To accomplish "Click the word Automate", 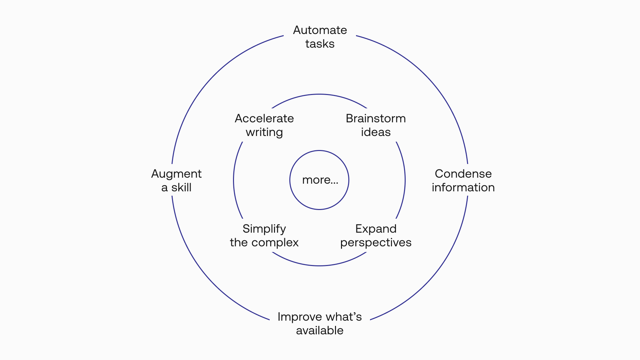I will click(320, 30).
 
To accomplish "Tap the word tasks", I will click(320, 44).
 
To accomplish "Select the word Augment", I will click(176, 174).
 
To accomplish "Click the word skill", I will click(181, 188).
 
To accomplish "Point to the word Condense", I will click(463, 174).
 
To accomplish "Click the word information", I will click(463, 188).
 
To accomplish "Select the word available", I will click(320, 331).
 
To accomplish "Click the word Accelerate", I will click(264, 119).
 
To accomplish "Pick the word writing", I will click(264, 132).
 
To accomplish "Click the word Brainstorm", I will click(376, 119).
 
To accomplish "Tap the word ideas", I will click(376, 132).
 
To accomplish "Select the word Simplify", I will click(264, 229).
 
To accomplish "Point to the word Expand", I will click(376, 229).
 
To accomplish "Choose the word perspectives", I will click(376, 243).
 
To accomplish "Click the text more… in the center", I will click(320, 180).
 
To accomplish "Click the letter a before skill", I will click(164, 188).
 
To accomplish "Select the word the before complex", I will click(239, 243).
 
